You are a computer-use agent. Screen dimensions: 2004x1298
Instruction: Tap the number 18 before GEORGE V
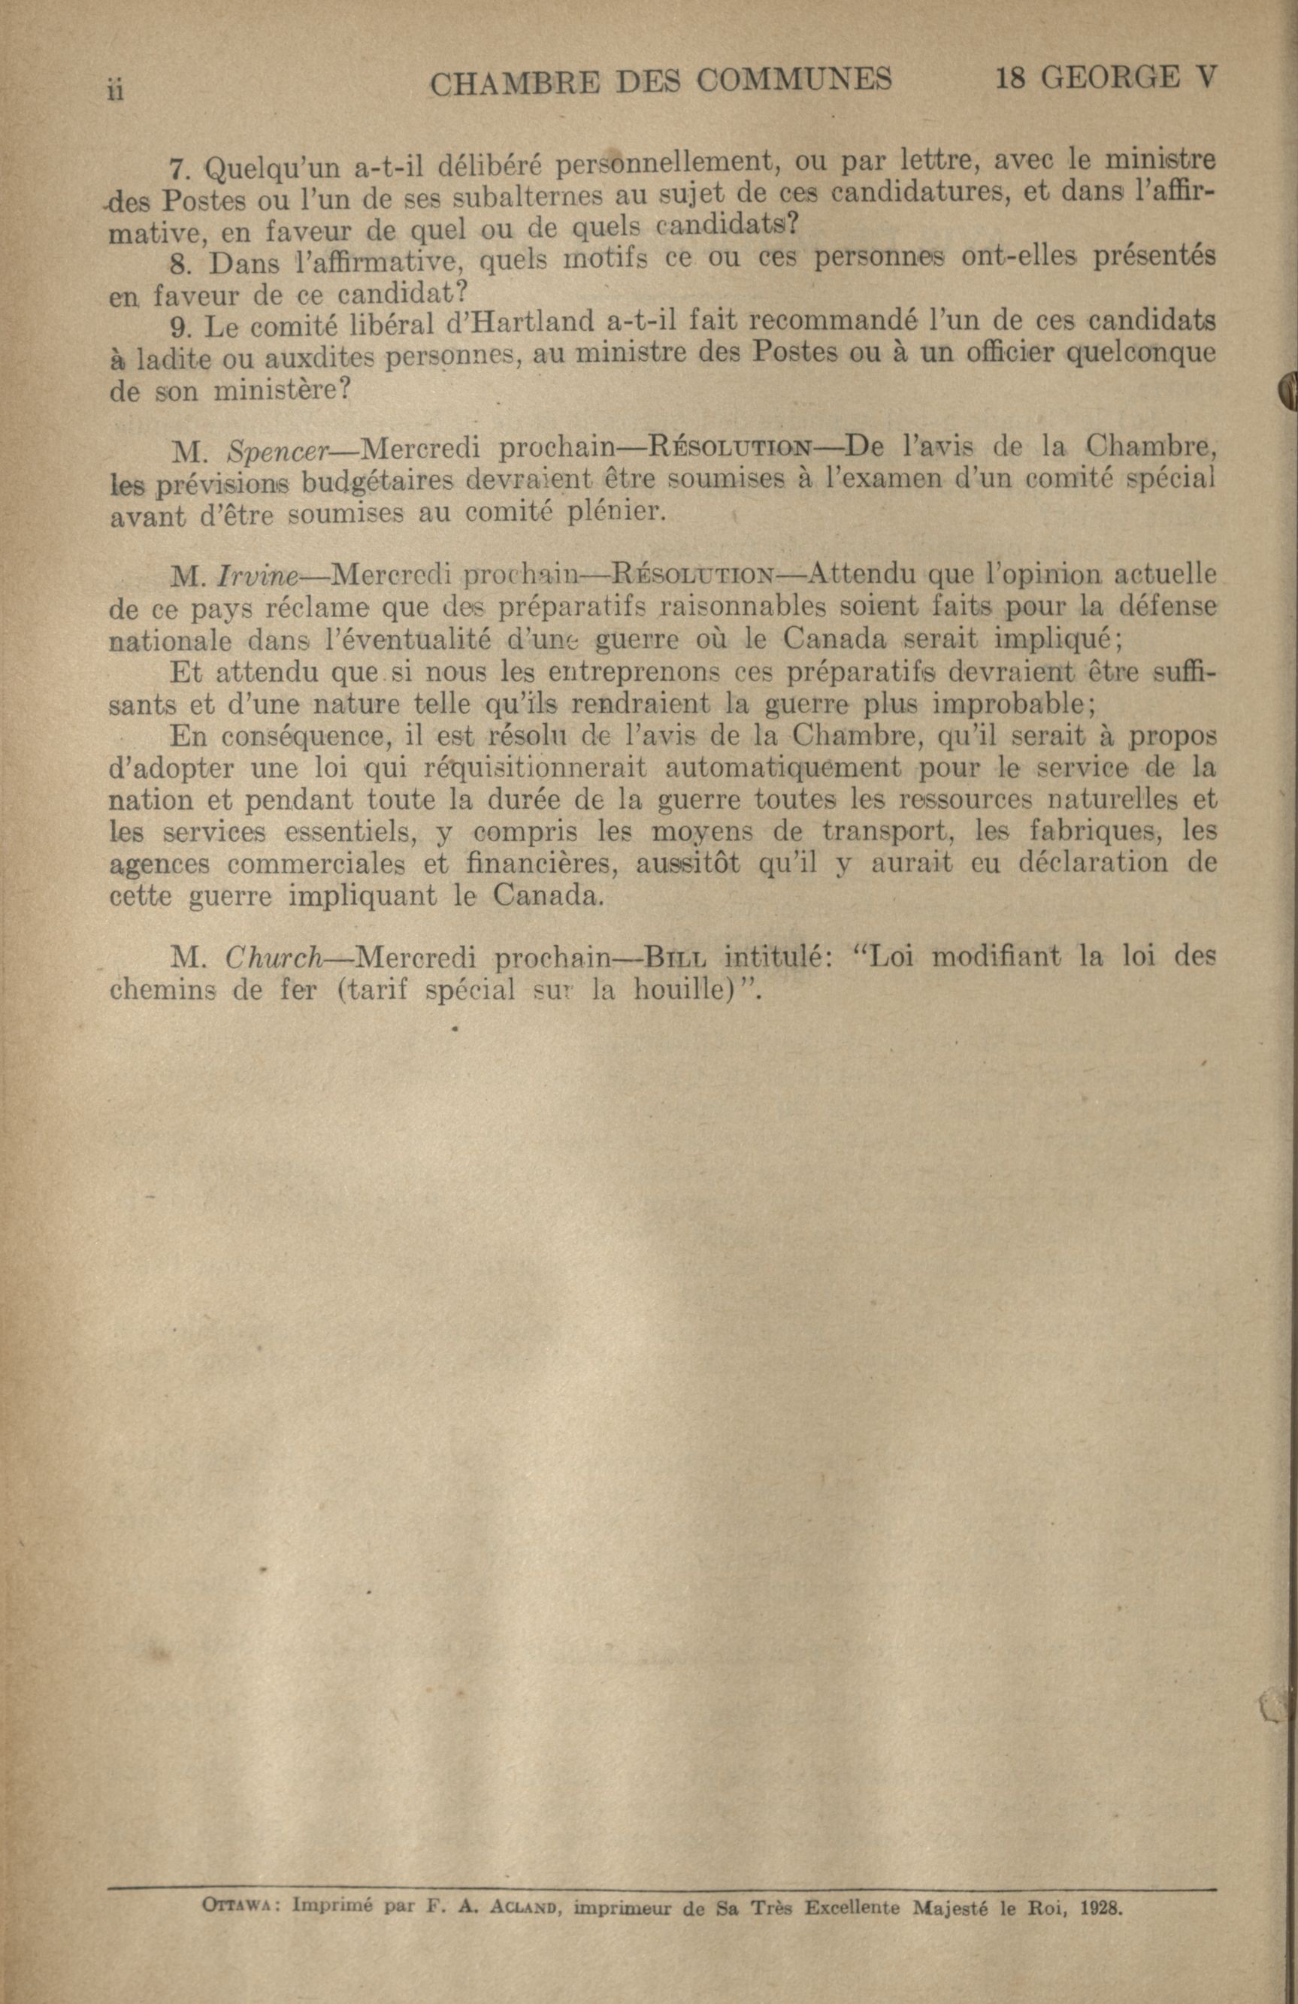click(1012, 78)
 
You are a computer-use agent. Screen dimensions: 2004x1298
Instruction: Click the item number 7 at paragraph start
click(177, 168)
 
